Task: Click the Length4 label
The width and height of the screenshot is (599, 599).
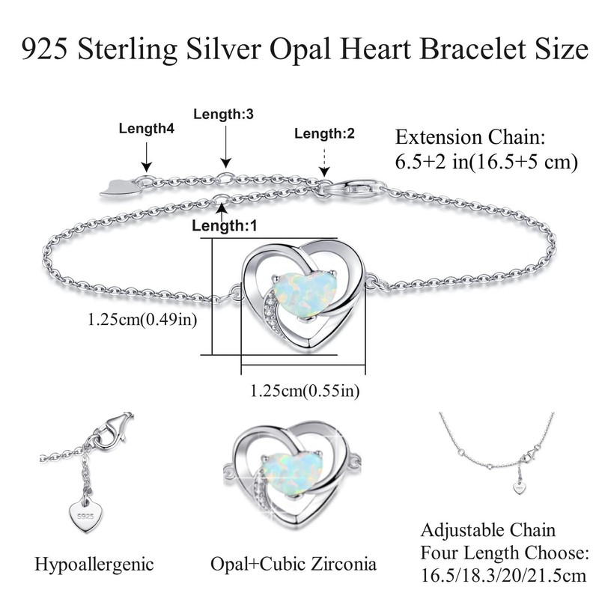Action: click(147, 129)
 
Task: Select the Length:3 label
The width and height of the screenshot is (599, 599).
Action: click(224, 115)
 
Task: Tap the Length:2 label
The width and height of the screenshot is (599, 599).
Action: click(324, 134)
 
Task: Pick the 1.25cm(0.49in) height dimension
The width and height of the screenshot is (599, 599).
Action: click(142, 320)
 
